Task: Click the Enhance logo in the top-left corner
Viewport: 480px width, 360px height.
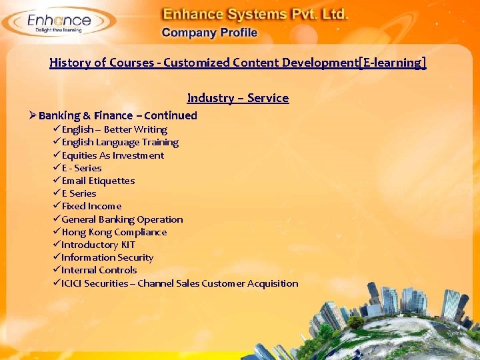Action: coord(58,22)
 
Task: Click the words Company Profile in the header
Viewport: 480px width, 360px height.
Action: coord(209,33)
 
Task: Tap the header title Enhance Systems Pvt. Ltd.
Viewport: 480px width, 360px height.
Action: coord(256,13)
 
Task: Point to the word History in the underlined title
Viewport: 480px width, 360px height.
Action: coord(69,63)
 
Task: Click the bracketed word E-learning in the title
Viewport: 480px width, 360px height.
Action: coord(392,63)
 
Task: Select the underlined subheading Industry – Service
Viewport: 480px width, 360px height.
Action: coord(238,98)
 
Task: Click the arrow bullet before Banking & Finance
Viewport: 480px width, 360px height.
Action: coord(32,115)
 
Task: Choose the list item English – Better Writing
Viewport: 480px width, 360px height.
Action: coord(114,129)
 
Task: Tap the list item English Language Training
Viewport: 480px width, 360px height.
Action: coord(120,142)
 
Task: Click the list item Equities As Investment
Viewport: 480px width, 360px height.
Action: coord(113,155)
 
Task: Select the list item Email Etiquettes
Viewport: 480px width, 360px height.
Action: coord(98,181)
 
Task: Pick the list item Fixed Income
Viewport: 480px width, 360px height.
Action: coord(91,206)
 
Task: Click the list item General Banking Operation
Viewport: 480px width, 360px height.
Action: coord(122,219)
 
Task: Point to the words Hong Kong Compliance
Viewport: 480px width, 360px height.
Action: coord(114,232)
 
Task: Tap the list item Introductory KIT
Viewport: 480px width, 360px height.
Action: coord(98,245)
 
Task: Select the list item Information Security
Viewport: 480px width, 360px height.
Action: coord(107,257)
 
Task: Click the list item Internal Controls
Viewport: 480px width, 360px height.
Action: coord(99,270)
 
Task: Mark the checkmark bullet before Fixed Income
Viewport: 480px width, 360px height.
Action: coord(57,206)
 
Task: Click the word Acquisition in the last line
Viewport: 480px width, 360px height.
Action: coord(273,283)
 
